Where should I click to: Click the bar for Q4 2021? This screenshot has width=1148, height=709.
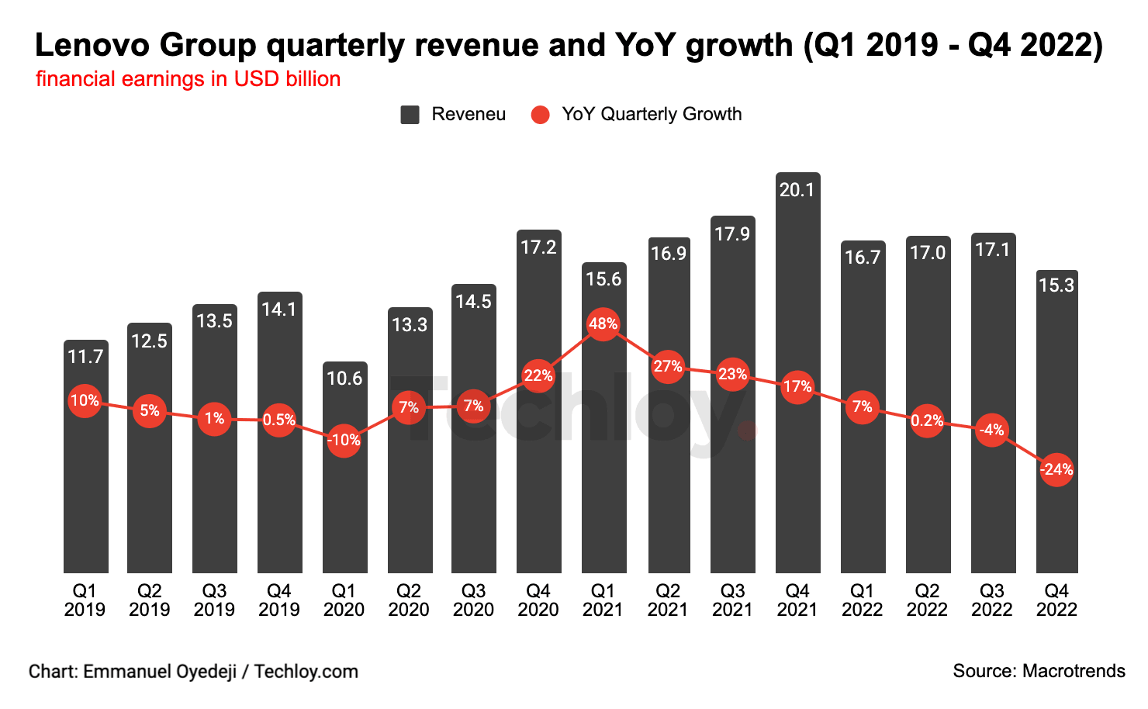pos(797,481)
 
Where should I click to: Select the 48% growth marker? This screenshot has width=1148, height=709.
pos(603,323)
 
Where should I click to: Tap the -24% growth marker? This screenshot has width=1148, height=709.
pos(1056,469)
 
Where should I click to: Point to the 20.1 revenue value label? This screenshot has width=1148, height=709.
pos(797,190)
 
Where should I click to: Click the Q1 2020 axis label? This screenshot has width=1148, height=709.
pos(344,600)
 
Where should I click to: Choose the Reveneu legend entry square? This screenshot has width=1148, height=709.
pos(410,115)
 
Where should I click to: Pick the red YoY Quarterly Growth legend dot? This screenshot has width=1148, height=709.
pos(540,115)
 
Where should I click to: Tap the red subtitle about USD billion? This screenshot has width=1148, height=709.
pos(188,79)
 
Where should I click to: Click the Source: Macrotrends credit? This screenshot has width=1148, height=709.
pos(1039,671)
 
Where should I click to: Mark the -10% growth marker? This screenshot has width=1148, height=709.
pos(344,440)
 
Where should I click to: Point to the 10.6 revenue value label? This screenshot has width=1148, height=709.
pos(344,379)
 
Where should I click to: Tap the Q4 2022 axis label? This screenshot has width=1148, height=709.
pos(1056,600)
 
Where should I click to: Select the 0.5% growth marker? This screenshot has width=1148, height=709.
pos(278,420)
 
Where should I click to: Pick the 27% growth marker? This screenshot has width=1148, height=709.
pos(667,366)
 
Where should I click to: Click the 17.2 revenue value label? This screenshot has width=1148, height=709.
pos(538,247)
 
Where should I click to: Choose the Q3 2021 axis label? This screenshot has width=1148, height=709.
pos(732,600)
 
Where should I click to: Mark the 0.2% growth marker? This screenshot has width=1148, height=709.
pos(927,420)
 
